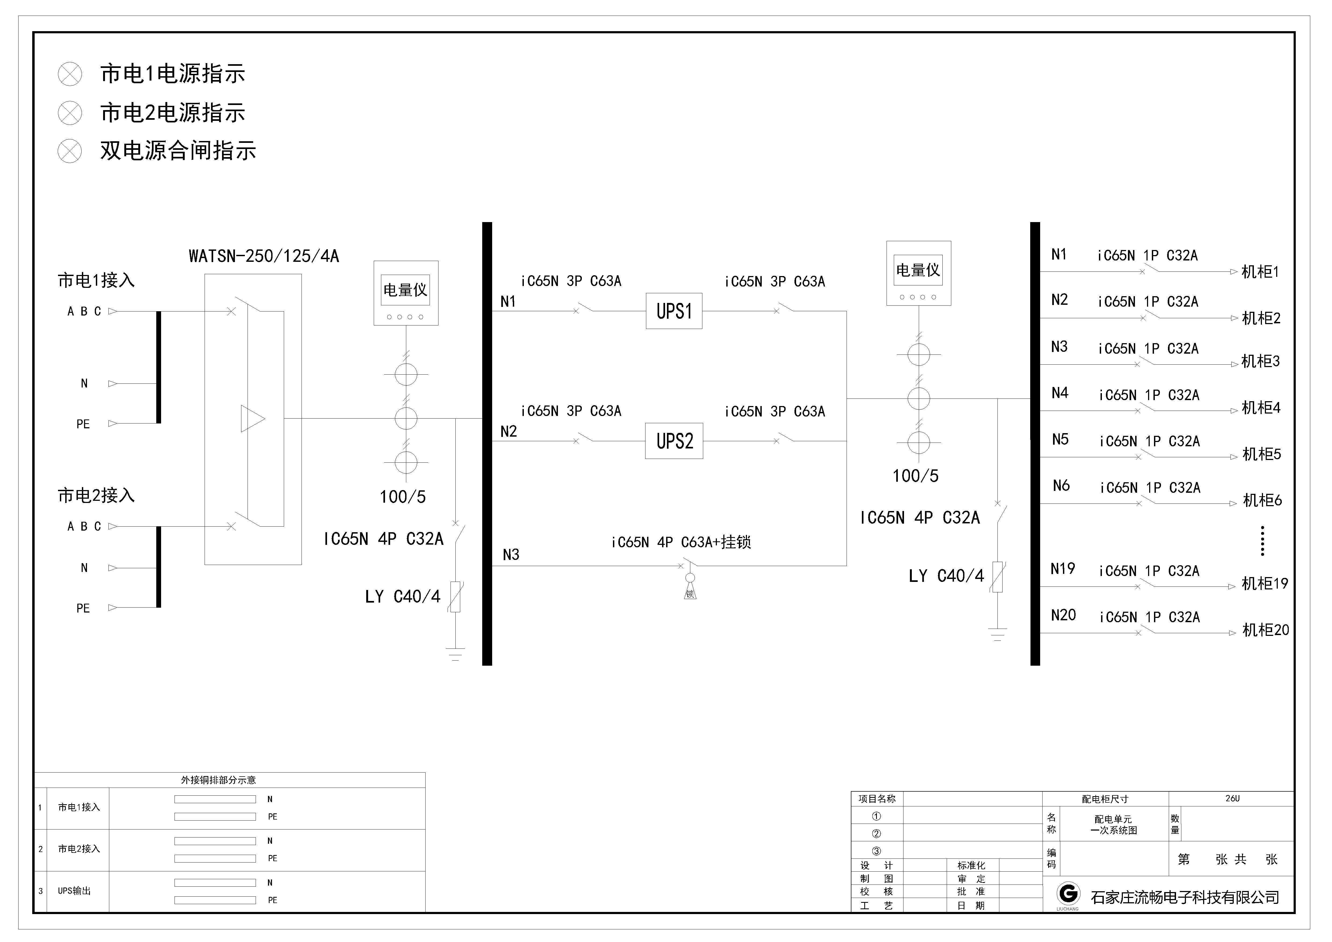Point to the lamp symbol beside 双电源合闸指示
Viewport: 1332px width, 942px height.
70,151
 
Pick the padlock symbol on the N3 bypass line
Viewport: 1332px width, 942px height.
690,589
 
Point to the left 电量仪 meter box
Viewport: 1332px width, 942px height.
405,293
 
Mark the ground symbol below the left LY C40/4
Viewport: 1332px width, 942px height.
455,654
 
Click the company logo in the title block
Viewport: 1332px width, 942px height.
1068,894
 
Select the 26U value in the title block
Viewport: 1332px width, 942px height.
1232,799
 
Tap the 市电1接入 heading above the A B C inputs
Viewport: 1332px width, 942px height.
96,281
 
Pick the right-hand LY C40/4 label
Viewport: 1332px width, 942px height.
946,576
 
